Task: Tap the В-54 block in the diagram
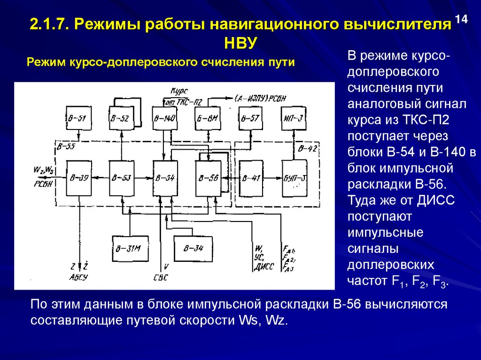pyautogui.click(x=164, y=178)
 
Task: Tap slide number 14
pyautogui.click(x=461, y=20)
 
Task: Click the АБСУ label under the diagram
pyautogui.click(x=79, y=277)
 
